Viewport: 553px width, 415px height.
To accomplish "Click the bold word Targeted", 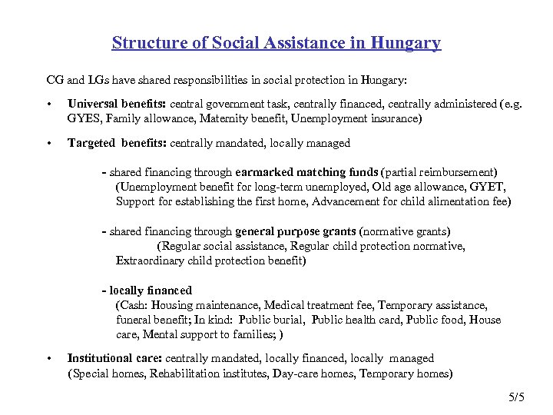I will [91, 143].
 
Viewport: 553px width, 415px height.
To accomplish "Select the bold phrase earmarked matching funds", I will [307, 172].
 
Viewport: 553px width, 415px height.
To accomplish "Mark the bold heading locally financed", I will [151, 290].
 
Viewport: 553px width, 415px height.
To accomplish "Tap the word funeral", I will [134, 320].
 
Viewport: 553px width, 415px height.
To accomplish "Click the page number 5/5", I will [515, 397].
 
